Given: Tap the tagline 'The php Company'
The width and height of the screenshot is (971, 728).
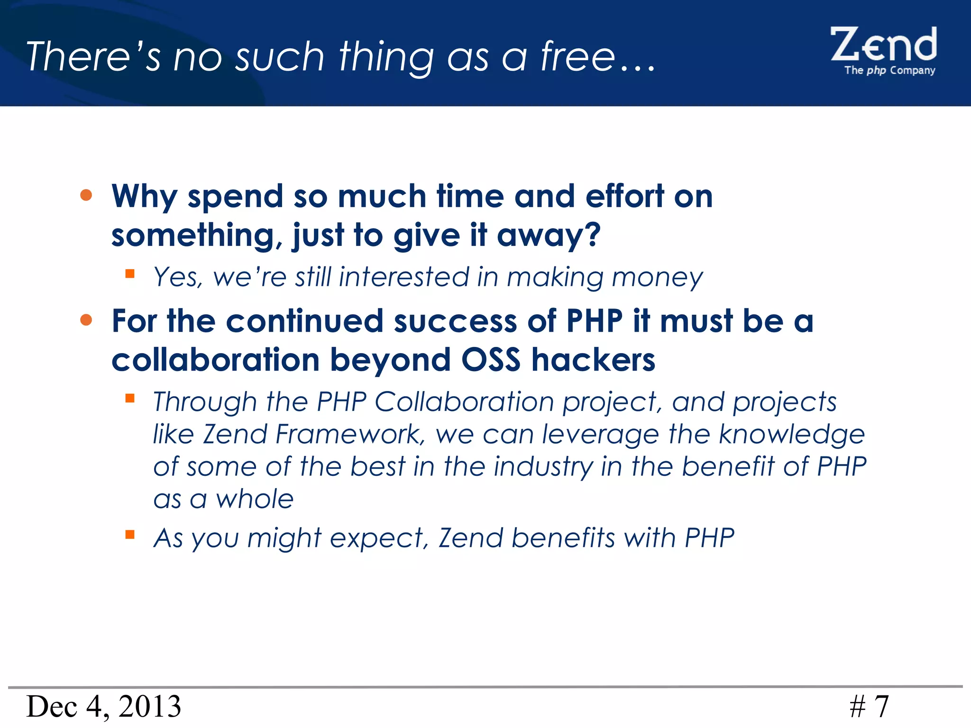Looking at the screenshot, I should coord(889,71).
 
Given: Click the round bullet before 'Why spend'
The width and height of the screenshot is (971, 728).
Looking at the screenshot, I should coord(86,195).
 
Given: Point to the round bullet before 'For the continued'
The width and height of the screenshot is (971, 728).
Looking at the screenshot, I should coord(86,320).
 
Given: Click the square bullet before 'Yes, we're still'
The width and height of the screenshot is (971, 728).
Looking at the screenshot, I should coord(130,273).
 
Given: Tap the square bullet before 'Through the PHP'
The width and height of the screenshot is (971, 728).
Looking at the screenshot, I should coord(130,398).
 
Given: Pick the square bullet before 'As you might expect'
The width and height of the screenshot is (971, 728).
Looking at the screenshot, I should coord(130,535).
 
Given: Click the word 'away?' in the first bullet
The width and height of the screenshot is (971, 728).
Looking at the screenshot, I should coord(549,235).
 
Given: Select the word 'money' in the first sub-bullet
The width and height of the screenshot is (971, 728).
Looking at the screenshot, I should coord(658,278).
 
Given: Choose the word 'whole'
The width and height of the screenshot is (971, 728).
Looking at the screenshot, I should coord(255,499).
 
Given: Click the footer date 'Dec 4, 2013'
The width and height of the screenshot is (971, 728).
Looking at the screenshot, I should coord(104,706).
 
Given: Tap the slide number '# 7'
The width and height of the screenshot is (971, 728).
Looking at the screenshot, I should coord(869,707).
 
